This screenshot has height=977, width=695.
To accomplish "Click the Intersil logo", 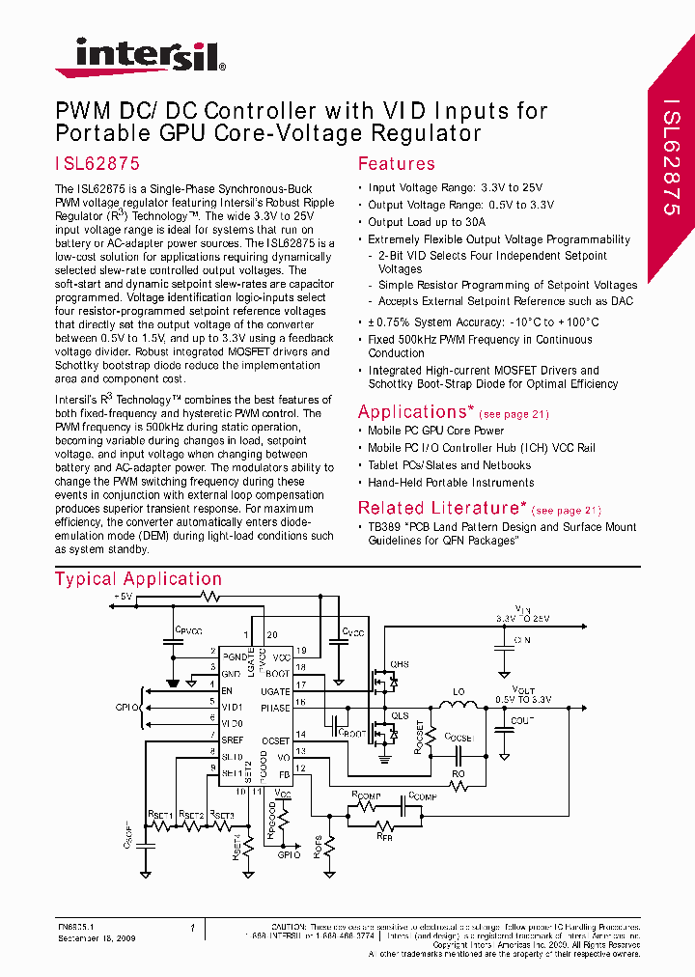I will [141, 57].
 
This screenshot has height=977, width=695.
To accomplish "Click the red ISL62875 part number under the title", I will [97, 164].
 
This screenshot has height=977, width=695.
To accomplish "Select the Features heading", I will [397, 164].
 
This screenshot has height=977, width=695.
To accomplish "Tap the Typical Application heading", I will [138, 579].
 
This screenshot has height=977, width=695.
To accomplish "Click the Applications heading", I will [413, 412].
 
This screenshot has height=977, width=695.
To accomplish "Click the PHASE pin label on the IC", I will [275, 708].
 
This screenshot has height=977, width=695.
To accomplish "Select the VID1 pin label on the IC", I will [233, 708].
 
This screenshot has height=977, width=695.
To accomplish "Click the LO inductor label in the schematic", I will [459, 692].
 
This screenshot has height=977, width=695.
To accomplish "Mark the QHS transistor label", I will [399, 665].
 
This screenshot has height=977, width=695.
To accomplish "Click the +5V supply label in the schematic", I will [123, 597].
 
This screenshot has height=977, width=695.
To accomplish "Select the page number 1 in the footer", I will [192, 929].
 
